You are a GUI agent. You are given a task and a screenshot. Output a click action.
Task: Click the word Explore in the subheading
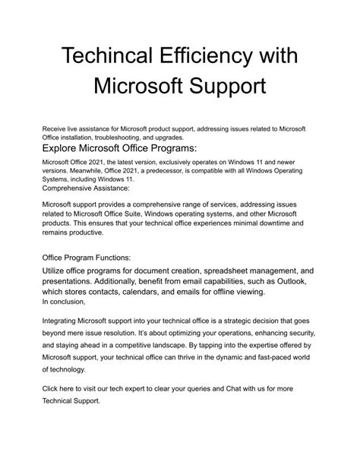(63, 149)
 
